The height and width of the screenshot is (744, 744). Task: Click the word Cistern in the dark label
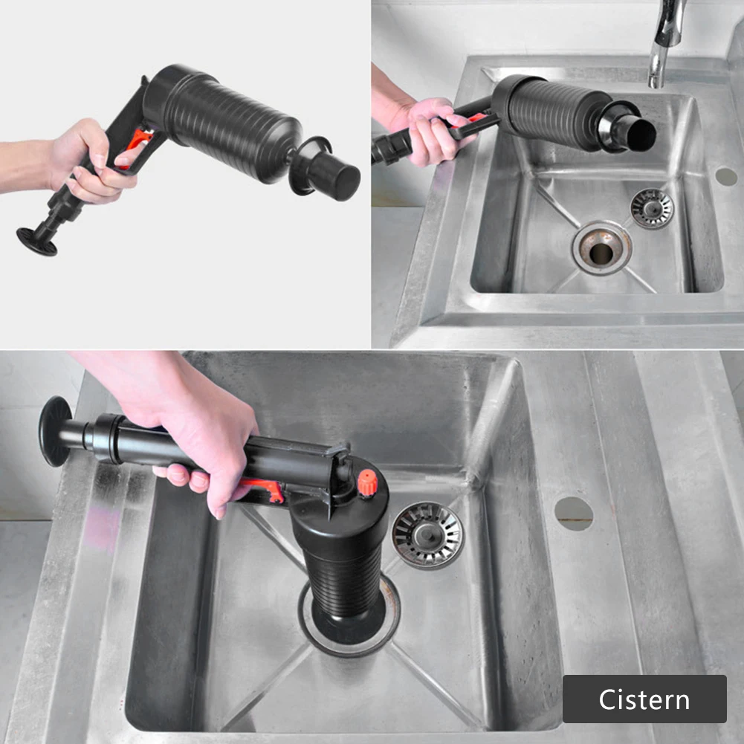coord(644,699)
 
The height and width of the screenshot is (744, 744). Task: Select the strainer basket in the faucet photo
coord(652,207)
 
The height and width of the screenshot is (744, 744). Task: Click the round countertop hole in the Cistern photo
coord(574,513)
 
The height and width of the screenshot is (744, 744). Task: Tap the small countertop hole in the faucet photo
coord(725,177)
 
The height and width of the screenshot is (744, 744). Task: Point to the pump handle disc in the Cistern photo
coord(54,431)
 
